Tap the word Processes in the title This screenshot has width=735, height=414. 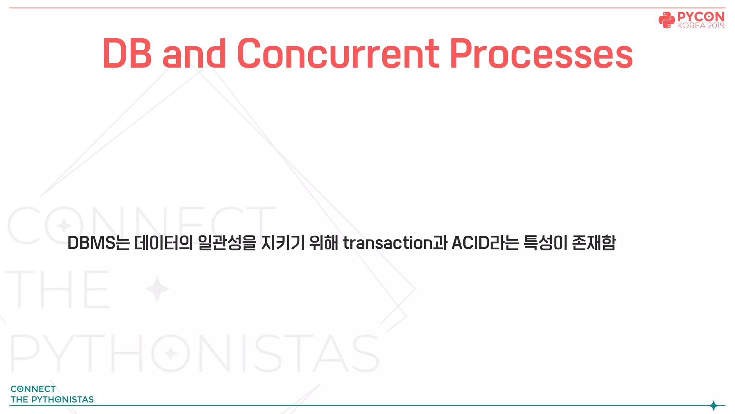click(541, 54)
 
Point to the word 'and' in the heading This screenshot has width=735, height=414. click(194, 54)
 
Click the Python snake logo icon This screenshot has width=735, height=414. click(666, 20)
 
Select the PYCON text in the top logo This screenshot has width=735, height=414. click(701, 17)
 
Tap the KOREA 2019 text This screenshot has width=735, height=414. click(701, 26)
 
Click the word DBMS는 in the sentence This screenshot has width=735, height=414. click(98, 243)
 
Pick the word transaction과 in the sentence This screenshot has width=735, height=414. click(395, 243)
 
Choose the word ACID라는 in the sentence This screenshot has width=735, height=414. click(485, 243)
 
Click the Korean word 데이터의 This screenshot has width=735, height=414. click(164, 243)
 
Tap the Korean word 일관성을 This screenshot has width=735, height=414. click(227, 243)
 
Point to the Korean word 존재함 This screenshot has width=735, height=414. click(594, 243)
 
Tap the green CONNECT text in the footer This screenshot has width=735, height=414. click(33, 389)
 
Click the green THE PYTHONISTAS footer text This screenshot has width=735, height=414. click(52, 400)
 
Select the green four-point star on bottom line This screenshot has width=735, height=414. click(713, 406)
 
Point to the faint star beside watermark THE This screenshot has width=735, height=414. click(157, 289)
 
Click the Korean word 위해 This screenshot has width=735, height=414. click(323, 243)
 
